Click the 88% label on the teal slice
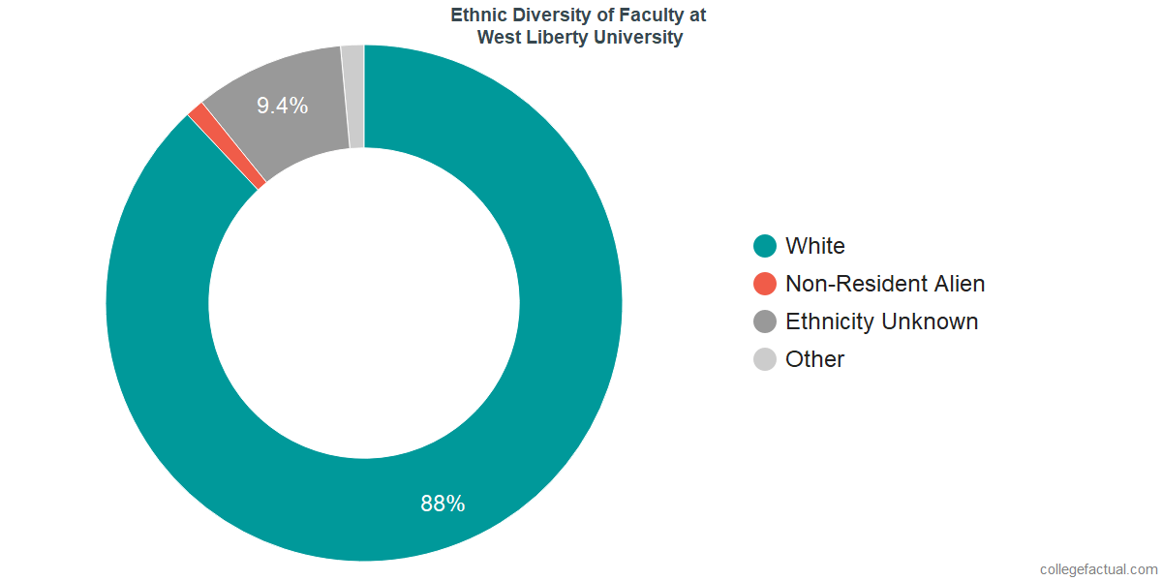[x=443, y=504]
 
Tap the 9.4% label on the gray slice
[x=282, y=107]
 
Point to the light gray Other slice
[x=353, y=97]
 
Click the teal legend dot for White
[x=765, y=246]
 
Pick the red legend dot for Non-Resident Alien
[x=765, y=284]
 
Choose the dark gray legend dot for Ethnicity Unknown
[x=765, y=321]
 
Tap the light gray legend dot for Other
[x=765, y=359]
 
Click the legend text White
[x=815, y=246]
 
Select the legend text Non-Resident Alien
[x=885, y=284]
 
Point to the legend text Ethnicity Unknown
[x=882, y=321]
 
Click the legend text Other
[x=815, y=359]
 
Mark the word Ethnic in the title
[x=478, y=15]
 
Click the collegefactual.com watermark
[x=1098, y=569]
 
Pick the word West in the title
[x=497, y=38]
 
